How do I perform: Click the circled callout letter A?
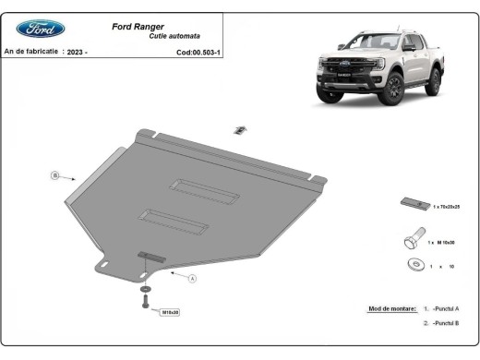pos(193,278)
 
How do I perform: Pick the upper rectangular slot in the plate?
pos(195,186)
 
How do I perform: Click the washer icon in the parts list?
pos(411,266)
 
